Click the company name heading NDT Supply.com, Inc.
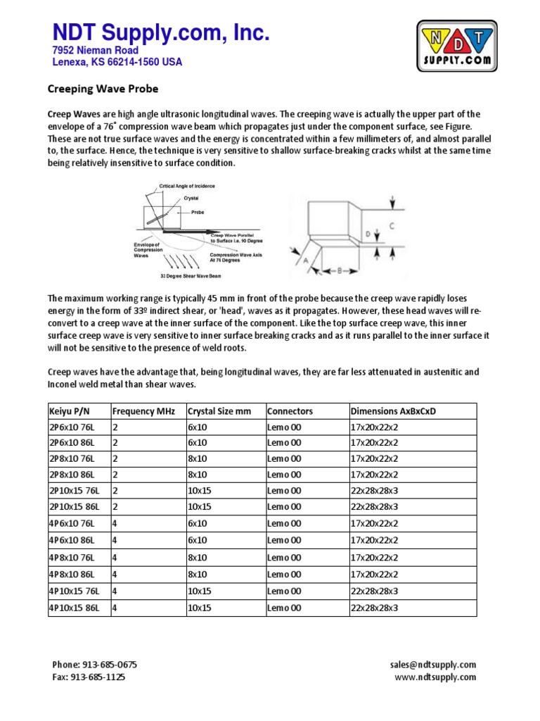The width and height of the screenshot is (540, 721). pos(161,32)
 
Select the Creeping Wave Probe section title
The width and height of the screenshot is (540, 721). pos(102,89)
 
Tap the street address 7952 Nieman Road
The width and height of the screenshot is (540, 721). pos(96,51)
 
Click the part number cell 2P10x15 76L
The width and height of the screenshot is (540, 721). pos(75,489)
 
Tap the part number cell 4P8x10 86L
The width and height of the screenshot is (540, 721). pos(72,574)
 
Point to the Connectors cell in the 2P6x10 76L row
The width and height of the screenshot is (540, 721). pos(284,427)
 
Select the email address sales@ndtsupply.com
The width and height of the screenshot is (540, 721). pos(432,665)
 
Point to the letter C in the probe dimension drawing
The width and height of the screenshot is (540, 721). pos(392,226)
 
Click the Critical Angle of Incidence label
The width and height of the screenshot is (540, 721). pos(187,186)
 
